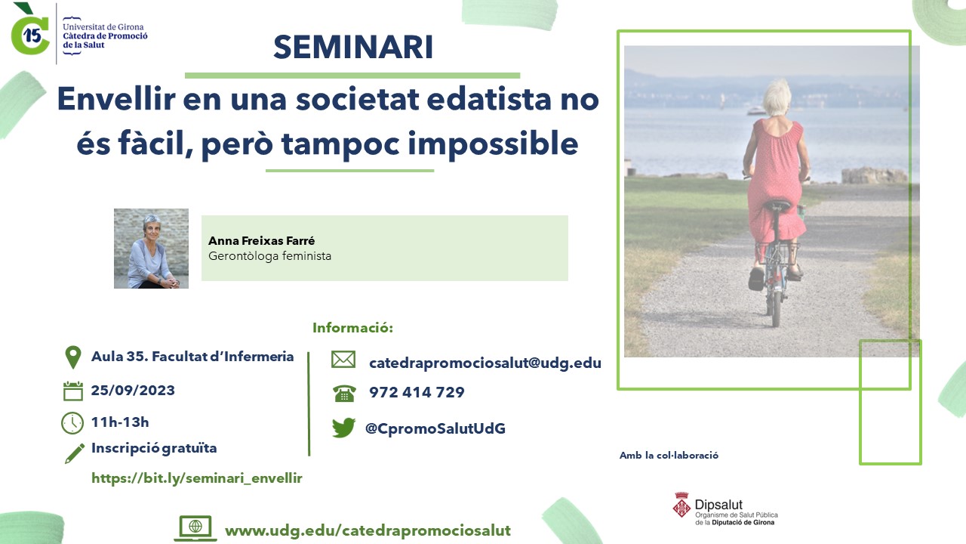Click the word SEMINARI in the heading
(x=353, y=47)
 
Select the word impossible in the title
(x=493, y=144)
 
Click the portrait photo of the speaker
(x=151, y=249)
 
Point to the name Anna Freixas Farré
(x=261, y=240)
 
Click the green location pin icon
(x=73, y=357)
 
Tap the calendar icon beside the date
(x=73, y=391)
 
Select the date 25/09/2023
(x=133, y=391)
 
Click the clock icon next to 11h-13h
(x=72, y=423)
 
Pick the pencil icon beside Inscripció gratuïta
(x=74, y=453)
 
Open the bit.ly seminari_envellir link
(x=197, y=478)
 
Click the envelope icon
(x=343, y=359)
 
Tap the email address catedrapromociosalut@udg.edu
(x=485, y=363)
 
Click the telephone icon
(x=344, y=394)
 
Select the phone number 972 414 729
(x=417, y=392)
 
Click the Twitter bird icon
(x=343, y=428)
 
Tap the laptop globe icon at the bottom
(x=195, y=528)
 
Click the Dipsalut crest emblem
(x=681, y=505)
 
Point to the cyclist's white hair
(x=777, y=97)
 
